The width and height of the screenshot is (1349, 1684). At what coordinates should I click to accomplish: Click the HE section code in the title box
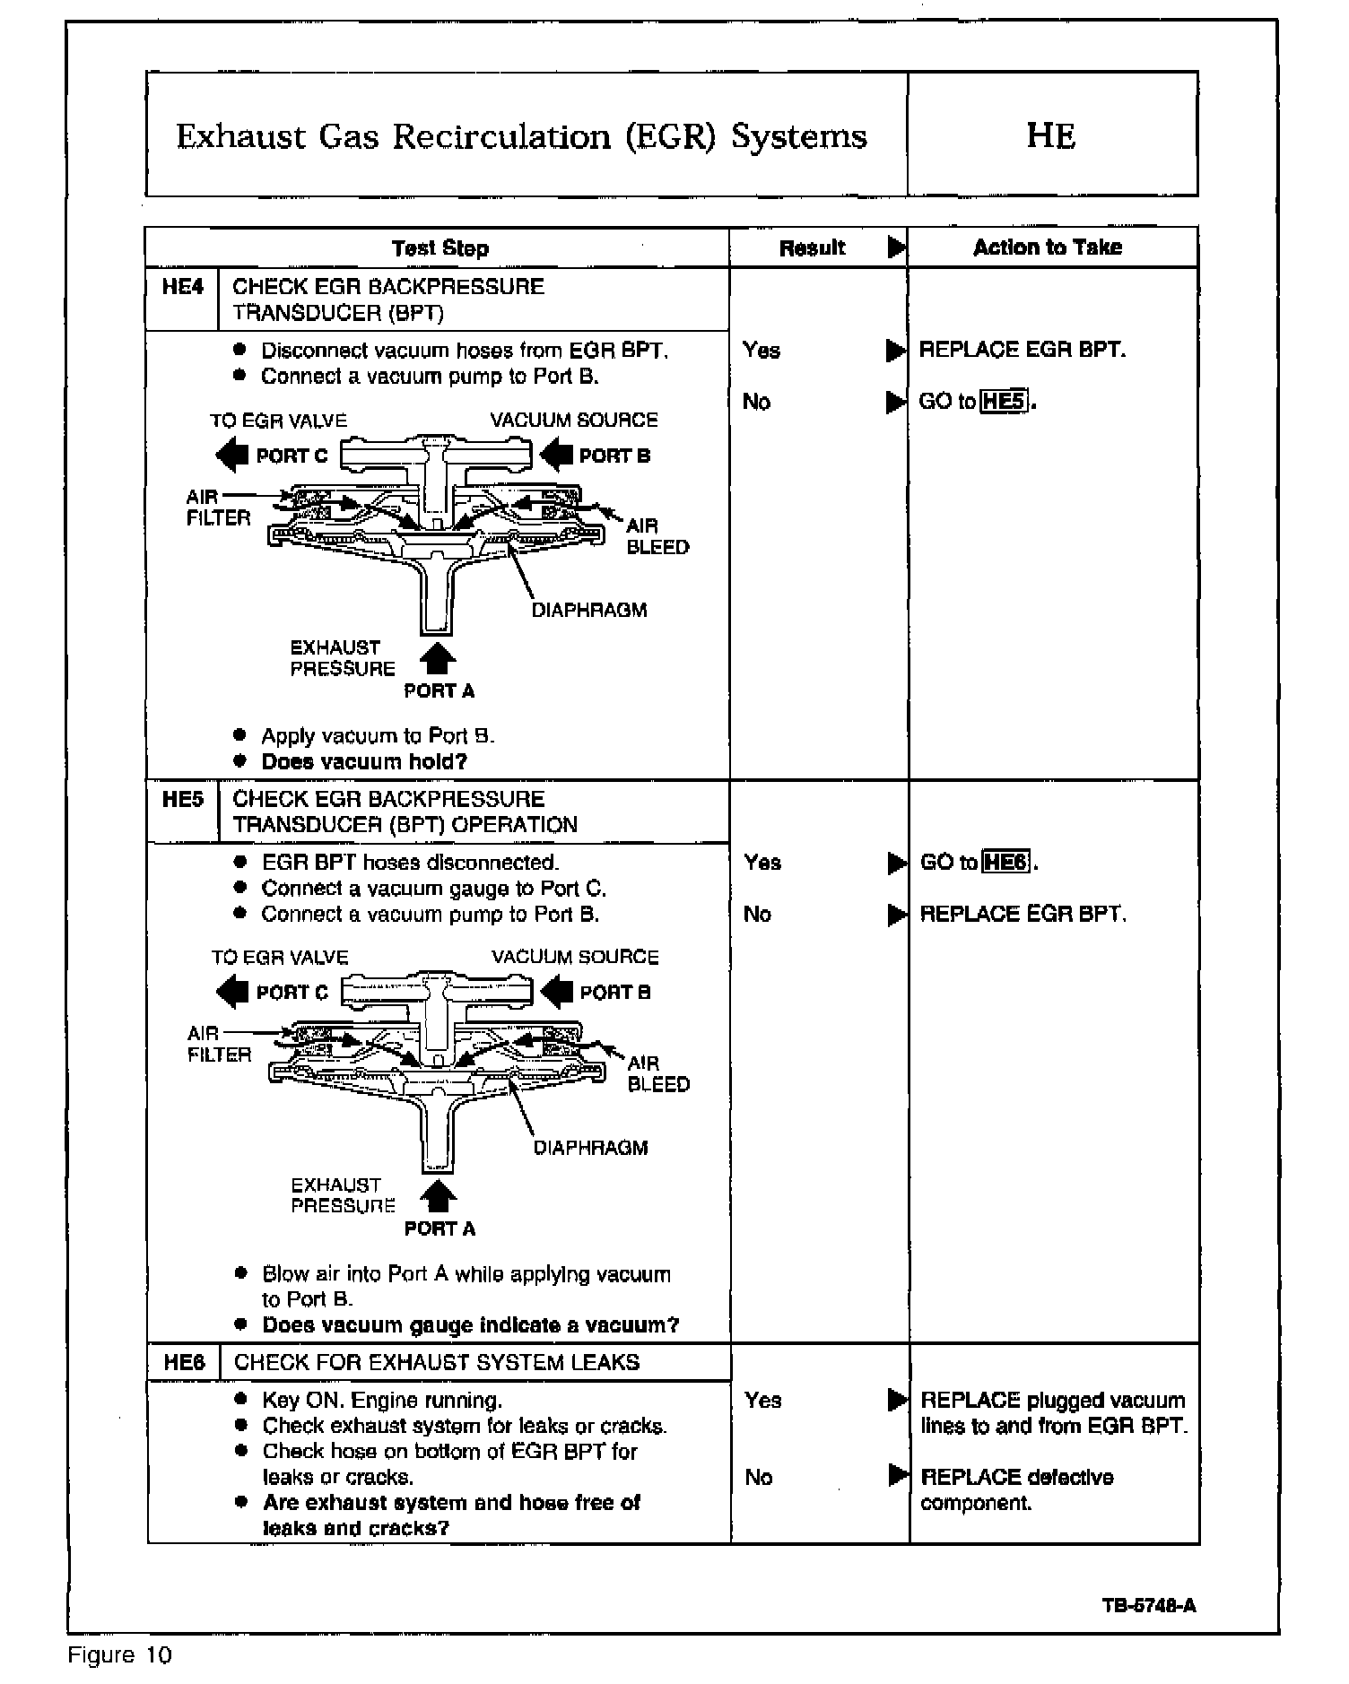click(x=1050, y=135)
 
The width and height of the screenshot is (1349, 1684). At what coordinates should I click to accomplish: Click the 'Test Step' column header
click(x=440, y=248)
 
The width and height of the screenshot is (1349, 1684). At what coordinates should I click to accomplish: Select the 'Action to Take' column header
click(x=1047, y=247)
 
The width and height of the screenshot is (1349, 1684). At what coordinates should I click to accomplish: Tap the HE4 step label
click(x=183, y=287)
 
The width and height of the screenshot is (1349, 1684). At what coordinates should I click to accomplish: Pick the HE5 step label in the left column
click(x=183, y=799)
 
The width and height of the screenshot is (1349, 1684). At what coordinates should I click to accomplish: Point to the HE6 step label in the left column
click(x=184, y=1363)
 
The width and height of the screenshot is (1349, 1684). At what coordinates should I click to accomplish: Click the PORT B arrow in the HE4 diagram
click(x=555, y=455)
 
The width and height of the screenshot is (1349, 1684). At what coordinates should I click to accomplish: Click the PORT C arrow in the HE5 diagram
click(x=232, y=992)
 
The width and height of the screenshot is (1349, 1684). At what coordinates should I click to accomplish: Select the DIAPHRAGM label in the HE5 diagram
click(x=590, y=1148)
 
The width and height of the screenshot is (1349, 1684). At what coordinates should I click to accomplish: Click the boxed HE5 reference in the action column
click(x=1004, y=402)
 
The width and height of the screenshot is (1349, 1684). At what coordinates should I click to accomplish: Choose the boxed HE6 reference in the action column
click(x=1005, y=863)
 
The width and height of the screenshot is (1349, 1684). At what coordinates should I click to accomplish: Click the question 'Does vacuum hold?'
click(x=364, y=762)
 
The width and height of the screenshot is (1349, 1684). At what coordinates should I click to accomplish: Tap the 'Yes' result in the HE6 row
click(x=762, y=1400)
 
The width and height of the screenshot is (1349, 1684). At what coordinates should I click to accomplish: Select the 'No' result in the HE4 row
click(x=756, y=402)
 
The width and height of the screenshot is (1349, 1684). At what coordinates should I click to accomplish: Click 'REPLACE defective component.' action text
click(x=1016, y=1489)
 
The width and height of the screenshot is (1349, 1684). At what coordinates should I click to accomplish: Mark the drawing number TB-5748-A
click(x=1149, y=1605)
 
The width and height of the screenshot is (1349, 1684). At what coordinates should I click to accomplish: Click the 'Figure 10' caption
click(x=119, y=1654)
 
